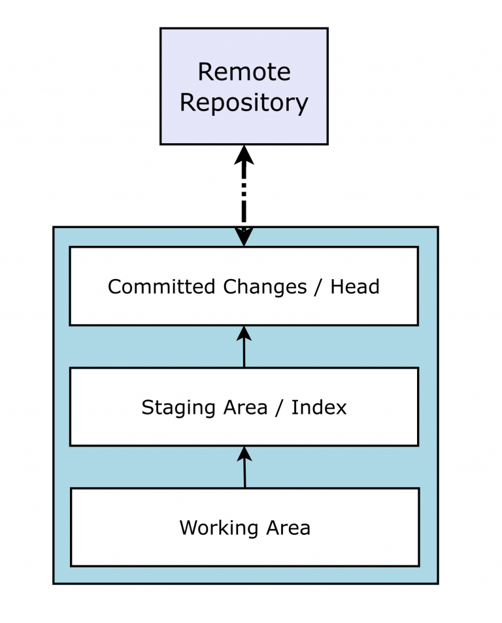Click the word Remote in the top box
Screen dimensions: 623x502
pyautogui.click(x=244, y=72)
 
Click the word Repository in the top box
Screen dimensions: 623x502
pyautogui.click(x=244, y=103)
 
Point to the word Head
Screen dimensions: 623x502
pyautogui.click(x=355, y=287)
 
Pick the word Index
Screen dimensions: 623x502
pyautogui.click(x=319, y=408)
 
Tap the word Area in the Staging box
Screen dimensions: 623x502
pyautogui.click(x=244, y=408)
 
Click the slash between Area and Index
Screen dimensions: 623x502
pyautogui.click(x=279, y=408)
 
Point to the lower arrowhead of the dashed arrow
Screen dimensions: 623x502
pyautogui.click(x=244, y=237)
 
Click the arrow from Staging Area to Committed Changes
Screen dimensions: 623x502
pyautogui.click(x=244, y=350)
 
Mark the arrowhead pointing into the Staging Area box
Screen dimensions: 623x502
pyautogui.click(x=244, y=454)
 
